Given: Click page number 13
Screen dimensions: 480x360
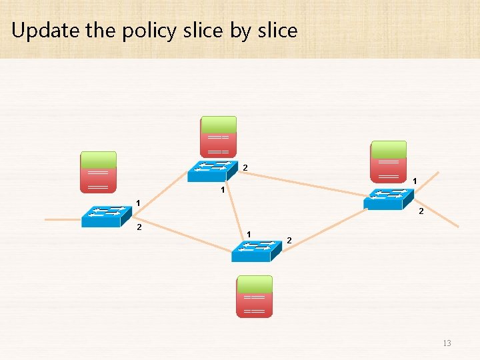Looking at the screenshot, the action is coord(446,343).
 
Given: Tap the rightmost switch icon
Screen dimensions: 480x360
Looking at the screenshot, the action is coord(389,199).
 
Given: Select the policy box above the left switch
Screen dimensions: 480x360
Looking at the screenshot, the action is coord(98,173).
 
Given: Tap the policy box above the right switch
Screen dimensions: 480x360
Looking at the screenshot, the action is coord(389,161).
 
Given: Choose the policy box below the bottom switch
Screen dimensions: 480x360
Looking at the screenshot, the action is coord(255,297).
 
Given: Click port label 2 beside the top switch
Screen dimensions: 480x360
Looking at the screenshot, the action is coord(245,167).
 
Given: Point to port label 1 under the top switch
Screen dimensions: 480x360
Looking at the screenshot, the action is coord(223,191).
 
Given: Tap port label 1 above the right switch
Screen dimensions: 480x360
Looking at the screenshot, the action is coord(415,181).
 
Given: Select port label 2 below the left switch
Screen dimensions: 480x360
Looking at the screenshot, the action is coord(139,227).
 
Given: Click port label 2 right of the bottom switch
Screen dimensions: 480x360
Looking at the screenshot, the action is coord(289,239).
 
